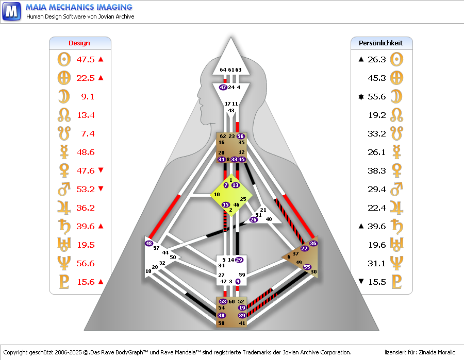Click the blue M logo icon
(x=12, y=11)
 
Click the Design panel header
(x=79, y=43)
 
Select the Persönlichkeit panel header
(x=381, y=43)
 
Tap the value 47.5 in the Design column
(x=86, y=59)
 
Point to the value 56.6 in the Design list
(x=86, y=263)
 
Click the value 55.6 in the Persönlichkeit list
(x=377, y=96)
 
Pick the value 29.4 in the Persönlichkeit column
(x=377, y=189)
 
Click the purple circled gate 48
(x=149, y=243)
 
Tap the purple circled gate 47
(x=223, y=88)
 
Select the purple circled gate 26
(x=253, y=219)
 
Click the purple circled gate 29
(x=239, y=260)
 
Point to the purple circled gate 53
(x=223, y=301)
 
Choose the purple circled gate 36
(x=313, y=243)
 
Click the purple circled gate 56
(x=240, y=136)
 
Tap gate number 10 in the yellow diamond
(x=217, y=194)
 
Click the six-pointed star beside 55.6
(x=361, y=96)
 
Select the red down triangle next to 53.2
(x=101, y=189)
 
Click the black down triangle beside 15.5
(x=361, y=282)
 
